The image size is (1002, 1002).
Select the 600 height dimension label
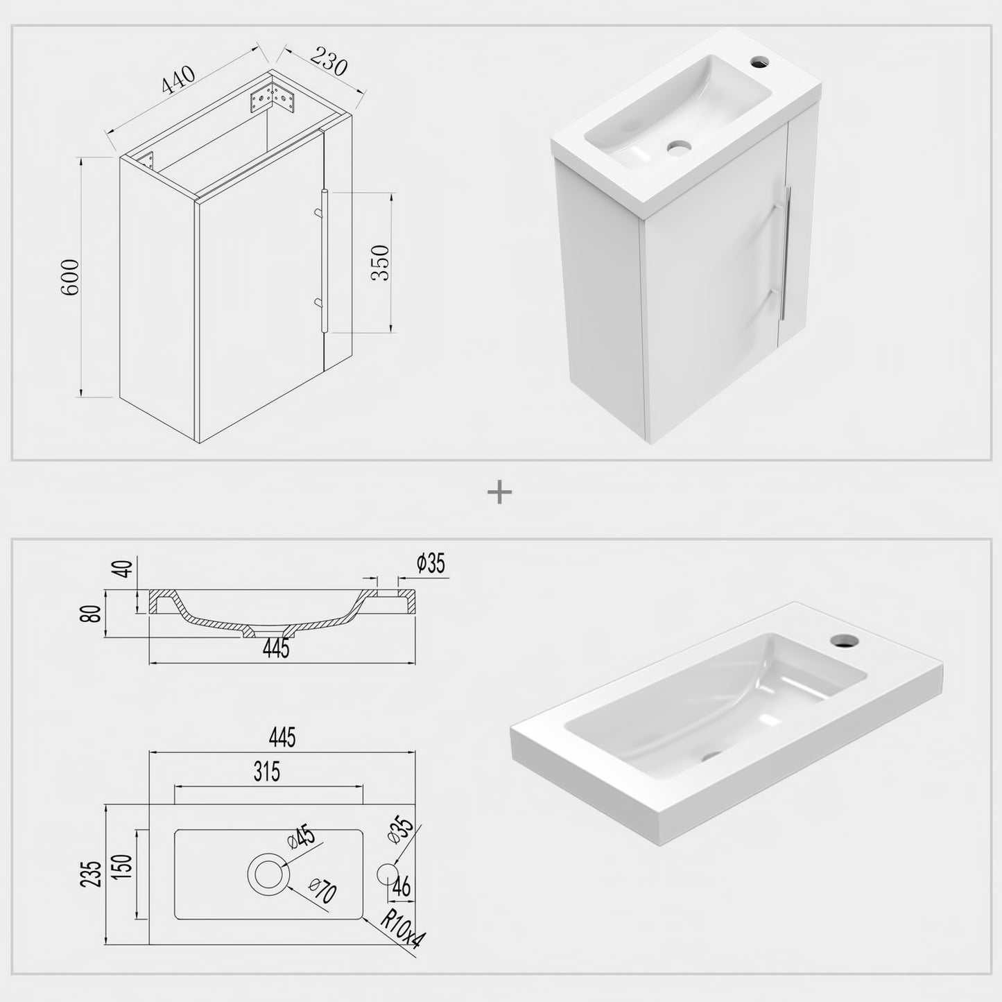click(x=71, y=277)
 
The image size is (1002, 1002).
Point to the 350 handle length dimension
click(x=381, y=263)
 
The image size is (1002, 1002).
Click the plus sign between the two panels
click(x=499, y=493)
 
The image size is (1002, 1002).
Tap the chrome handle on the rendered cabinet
click(x=786, y=252)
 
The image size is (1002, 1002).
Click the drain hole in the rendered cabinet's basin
click(x=679, y=147)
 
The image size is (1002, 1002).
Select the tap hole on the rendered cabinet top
click(x=761, y=63)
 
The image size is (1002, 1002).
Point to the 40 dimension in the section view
click(x=124, y=569)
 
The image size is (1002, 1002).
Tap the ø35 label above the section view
click(x=431, y=564)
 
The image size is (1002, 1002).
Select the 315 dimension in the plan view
click(x=267, y=771)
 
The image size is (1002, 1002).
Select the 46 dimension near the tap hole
click(x=401, y=886)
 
